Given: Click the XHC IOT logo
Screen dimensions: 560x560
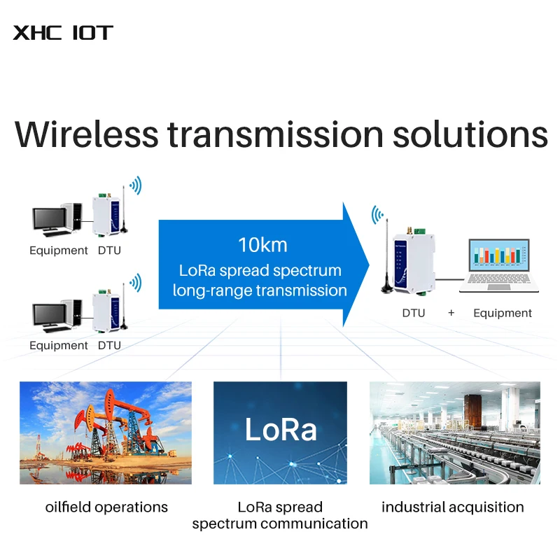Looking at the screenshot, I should pos(63,33).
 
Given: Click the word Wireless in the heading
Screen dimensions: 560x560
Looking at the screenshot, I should pos(85,134).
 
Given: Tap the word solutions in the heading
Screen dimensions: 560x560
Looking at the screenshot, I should pos(470,134).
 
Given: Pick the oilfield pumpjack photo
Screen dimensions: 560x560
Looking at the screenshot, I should pos(106,433).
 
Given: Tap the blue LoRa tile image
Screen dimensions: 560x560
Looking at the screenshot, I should pos(280,433).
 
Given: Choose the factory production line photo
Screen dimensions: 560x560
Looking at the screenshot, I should pos(454,433).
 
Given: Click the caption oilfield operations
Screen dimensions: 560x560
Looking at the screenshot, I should pos(106,507).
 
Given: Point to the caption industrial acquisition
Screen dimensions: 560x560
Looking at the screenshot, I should pos(453,507).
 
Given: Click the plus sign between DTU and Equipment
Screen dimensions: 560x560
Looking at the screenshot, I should pos(451,313).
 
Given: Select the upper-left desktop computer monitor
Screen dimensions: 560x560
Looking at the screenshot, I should pos(49,218).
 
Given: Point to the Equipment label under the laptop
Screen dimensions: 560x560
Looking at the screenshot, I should pos(503,313).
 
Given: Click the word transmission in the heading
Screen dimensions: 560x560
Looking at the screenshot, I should pos(276,134).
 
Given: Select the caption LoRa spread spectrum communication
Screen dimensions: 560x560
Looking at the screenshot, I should pos(280,515).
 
